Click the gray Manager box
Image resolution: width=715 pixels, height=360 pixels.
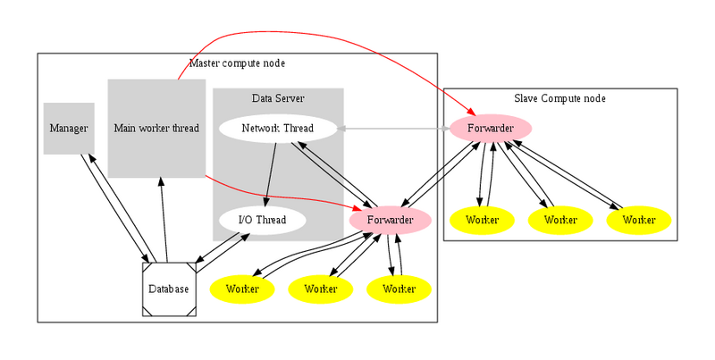[x=69, y=129]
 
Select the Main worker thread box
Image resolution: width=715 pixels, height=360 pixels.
[x=156, y=128]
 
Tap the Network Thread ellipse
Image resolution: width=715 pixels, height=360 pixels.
[x=278, y=129]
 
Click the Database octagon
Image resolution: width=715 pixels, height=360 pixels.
[x=169, y=289]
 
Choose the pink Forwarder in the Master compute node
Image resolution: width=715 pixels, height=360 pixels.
[x=391, y=219]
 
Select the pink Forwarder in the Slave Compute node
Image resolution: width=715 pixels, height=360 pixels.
[x=491, y=129]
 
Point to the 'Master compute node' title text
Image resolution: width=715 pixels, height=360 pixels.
[x=237, y=63]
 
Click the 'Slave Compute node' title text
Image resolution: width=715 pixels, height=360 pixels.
[x=559, y=98]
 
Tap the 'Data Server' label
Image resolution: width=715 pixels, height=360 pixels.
[x=278, y=96]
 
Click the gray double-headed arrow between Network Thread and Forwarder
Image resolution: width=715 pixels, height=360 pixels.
[x=393, y=129]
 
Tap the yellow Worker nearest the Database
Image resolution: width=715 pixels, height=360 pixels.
[x=242, y=289]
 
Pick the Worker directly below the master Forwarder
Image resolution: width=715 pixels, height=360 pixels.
[x=399, y=289]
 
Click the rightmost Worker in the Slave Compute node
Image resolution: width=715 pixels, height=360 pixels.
[x=639, y=220]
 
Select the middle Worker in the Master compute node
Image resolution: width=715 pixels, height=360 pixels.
[x=321, y=289]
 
